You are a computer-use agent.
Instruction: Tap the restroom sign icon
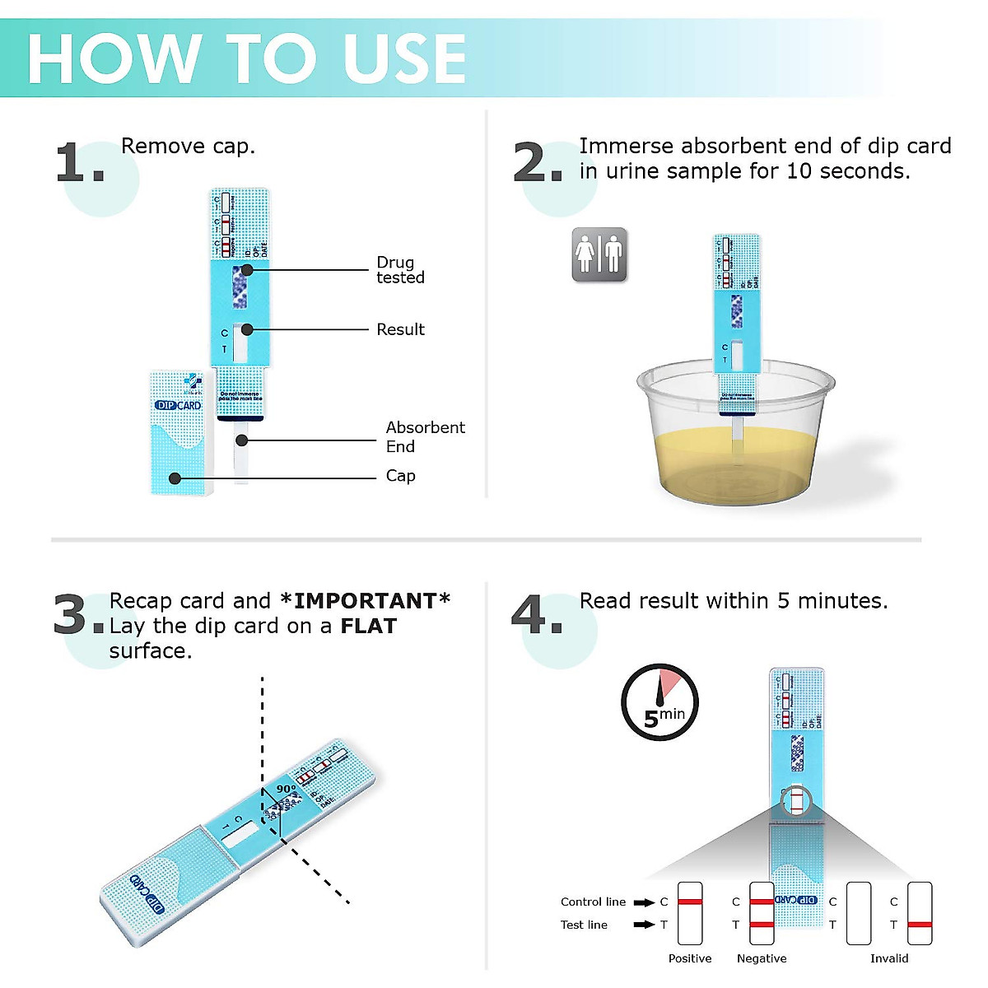pyautogui.click(x=599, y=255)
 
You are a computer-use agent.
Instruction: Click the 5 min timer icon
pyautogui.click(x=659, y=702)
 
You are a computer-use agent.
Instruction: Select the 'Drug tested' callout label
pyautogui.click(x=400, y=270)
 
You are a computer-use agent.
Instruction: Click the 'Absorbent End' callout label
pyautogui.click(x=425, y=436)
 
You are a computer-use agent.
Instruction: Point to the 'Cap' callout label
pyautogui.click(x=400, y=476)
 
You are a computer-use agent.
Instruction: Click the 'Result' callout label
pyautogui.click(x=400, y=329)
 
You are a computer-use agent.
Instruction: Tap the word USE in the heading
pyautogui.click(x=404, y=59)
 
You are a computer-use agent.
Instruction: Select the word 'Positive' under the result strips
pyautogui.click(x=690, y=958)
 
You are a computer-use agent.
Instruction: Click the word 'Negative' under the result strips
pyautogui.click(x=762, y=958)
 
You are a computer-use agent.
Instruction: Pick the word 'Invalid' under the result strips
pyautogui.click(x=889, y=958)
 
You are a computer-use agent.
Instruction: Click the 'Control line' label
pyautogui.click(x=593, y=902)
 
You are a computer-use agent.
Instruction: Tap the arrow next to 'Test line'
pyautogui.click(x=644, y=925)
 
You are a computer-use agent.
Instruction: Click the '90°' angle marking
pyautogui.click(x=286, y=789)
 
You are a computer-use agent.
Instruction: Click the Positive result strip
pyautogui.click(x=690, y=913)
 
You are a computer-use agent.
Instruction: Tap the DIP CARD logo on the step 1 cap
pyautogui.click(x=178, y=405)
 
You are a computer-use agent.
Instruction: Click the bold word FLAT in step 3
pyautogui.click(x=368, y=626)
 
